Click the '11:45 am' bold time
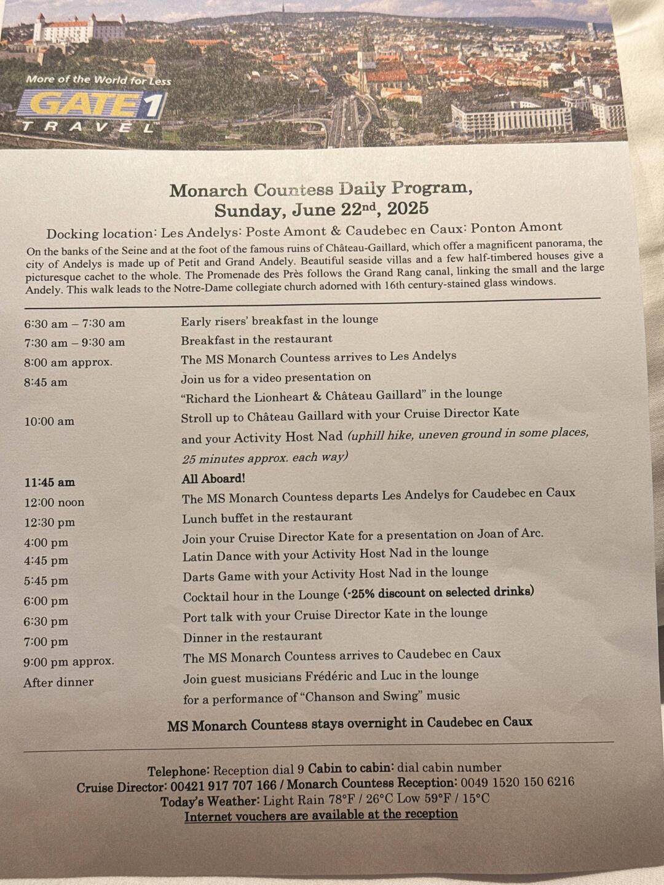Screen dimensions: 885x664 (50, 482)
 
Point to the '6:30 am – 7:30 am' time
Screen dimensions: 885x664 (74, 323)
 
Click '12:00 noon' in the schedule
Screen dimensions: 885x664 (54, 502)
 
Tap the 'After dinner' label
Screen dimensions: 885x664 (58, 682)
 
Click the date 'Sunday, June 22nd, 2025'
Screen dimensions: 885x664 (321, 210)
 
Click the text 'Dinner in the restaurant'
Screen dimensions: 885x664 (252, 636)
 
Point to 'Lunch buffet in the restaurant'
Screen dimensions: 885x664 (267, 517)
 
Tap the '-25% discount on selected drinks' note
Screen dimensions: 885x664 (439, 592)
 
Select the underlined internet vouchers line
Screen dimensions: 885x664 (321, 815)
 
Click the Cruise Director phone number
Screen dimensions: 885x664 (223, 786)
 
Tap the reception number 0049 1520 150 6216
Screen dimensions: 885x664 (517, 782)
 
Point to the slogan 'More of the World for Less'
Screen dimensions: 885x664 (98, 80)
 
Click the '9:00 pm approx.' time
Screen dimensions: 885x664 (69, 662)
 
